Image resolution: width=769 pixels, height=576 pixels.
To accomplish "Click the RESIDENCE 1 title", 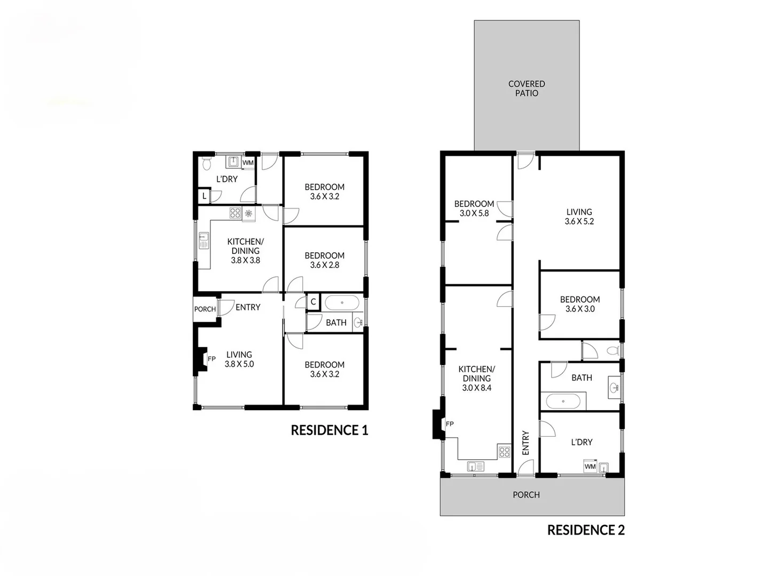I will [329, 430].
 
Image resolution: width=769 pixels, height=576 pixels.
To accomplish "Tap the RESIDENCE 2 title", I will [586, 530].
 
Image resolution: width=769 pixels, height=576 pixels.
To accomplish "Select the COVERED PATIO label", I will [527, 89].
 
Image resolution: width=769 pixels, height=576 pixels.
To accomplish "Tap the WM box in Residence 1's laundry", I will [248, 163].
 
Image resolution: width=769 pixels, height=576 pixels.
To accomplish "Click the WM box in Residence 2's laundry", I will [590, 467].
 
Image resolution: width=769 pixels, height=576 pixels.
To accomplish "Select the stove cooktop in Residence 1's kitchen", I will [235, 213].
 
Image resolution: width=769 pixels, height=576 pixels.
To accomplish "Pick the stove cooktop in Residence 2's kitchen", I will [504, 452].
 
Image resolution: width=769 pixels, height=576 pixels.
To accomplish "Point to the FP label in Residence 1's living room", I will [211, 359].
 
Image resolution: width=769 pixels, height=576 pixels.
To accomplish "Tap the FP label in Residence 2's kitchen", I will [450, 424].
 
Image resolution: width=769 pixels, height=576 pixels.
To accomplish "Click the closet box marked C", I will [313, 302].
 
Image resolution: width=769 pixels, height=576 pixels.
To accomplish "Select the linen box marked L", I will [204, 196].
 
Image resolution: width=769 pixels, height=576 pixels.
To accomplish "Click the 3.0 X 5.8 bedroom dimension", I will [474, 213].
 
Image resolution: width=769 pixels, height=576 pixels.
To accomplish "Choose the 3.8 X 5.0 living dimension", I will [239, 364].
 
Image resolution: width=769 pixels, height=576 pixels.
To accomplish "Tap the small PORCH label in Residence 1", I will [205, 309].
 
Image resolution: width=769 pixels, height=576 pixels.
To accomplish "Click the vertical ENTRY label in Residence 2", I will [525, 443].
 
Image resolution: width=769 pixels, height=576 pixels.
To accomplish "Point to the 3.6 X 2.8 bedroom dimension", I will [324, 265].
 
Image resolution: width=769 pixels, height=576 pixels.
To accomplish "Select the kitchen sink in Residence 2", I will [475, 467].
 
